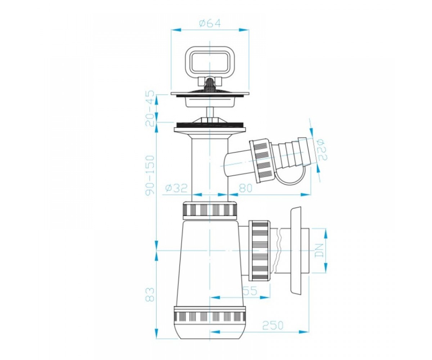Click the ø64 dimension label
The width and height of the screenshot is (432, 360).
210,23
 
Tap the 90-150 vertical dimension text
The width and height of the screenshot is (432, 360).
150,175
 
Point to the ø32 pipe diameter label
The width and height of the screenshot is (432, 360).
176,188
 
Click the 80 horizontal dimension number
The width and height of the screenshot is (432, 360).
246,188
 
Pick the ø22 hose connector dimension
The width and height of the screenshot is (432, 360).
322,150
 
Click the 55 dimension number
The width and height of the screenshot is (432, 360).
250,291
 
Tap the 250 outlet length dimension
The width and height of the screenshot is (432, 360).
273,325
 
